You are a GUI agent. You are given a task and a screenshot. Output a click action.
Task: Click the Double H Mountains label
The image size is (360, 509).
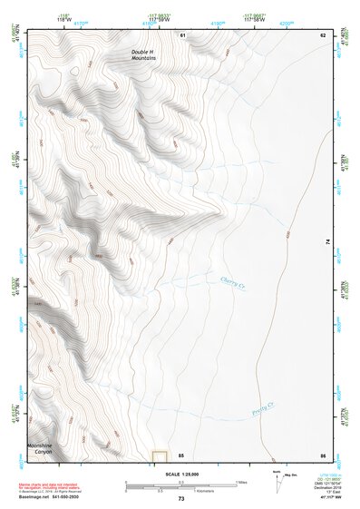[142, 55]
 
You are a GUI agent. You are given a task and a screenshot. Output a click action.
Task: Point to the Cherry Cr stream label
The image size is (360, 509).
[233, 284]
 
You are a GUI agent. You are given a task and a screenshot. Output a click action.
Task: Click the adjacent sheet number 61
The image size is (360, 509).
[182, 34]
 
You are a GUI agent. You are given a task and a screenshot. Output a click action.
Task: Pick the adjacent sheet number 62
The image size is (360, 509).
[322, 34]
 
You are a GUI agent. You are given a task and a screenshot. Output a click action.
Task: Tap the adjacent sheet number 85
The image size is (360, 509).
[181, 454]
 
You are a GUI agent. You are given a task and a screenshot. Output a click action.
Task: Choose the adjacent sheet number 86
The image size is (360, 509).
[322, 454]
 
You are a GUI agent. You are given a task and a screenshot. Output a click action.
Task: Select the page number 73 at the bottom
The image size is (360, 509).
[180, 499]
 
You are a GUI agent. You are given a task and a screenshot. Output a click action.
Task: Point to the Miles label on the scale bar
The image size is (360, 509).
[242, 482]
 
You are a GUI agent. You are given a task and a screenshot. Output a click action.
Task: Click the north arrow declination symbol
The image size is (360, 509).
[277, 479]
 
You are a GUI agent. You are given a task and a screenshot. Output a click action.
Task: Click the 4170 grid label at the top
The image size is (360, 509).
[81, 23]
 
